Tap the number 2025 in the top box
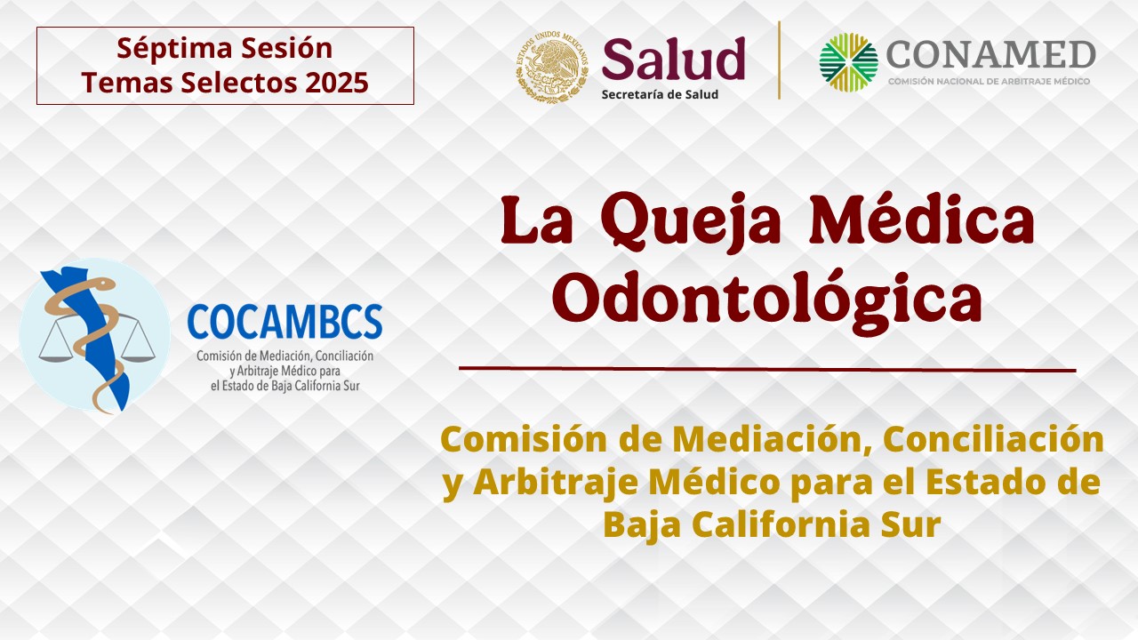[x=337, y=83]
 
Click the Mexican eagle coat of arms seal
[x=552, y=67]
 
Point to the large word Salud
[x=673, y=59]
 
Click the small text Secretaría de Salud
[x=660, y=94]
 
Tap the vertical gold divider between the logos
[x=780, y=60]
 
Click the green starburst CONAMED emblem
[x=848, y=62]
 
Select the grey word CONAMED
[x=990, y=55]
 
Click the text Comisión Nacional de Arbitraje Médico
[x=989, y=81]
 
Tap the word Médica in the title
[x=922, y=219]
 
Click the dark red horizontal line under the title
[x=767, y=369]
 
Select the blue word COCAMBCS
[x=284, y=322]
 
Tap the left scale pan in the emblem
[x=56, y=355]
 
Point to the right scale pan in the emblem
[x=138, y=355]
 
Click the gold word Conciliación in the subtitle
[x=993, y=439]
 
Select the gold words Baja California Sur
[x=773, y=524]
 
